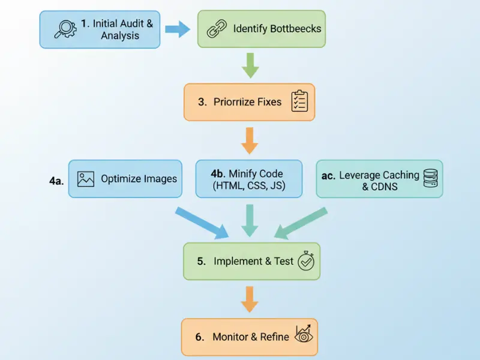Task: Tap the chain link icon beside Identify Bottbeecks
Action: (x=215, y=28)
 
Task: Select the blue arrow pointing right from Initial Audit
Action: (x=177, y=29)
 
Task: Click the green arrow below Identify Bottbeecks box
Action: (x=250, y=65)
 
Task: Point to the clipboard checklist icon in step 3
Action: (x=299, y=101)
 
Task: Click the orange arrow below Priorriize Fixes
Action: (x=250, y=140)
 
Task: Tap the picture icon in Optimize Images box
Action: (x=86, y=178)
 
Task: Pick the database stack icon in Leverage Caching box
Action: (x=430, y=178)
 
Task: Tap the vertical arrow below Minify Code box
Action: (x=250, y=220)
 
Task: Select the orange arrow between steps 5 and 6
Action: (x=250, y=298)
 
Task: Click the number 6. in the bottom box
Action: (x=200, y=337)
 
